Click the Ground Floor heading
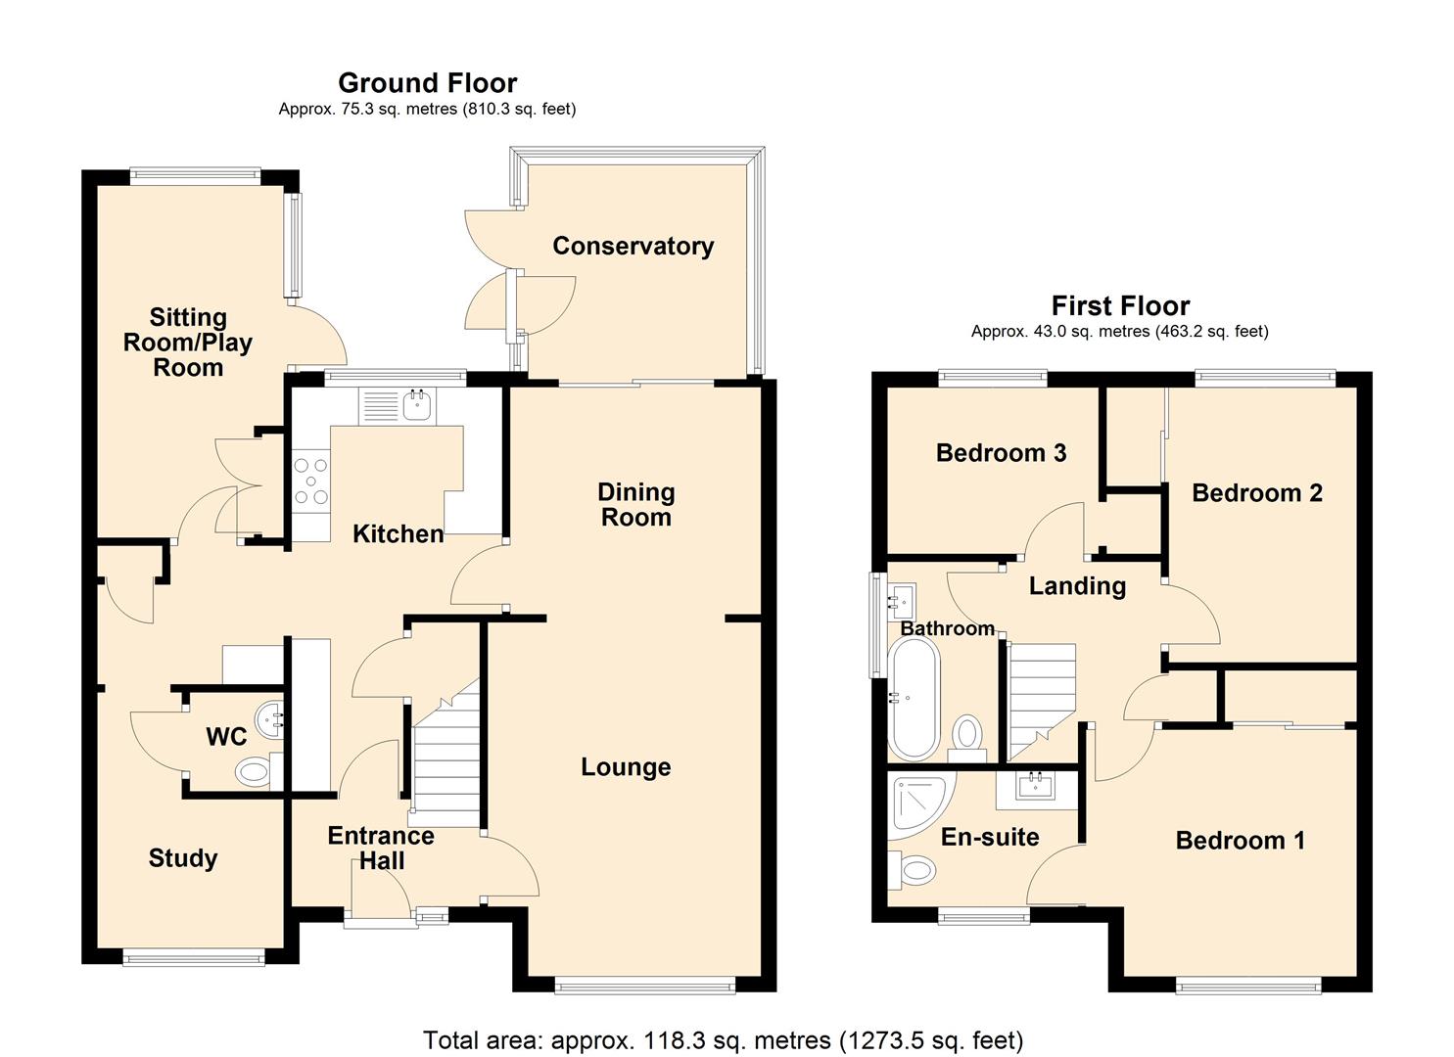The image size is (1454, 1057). coord(427,83)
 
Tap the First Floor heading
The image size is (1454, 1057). coord(1120,305)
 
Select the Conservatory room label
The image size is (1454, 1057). coord(633,246)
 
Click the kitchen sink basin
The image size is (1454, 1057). coord(416,406)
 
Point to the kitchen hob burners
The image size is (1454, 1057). coord(311,481)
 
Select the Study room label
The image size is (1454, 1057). coord(183,858)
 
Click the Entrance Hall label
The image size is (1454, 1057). coord(381,849)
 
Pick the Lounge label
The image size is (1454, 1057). coord(626,767)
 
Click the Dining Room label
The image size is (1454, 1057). coord(636,505)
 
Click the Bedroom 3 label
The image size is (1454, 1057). coord(1001,453)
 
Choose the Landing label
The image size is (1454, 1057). coord(1077,586)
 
